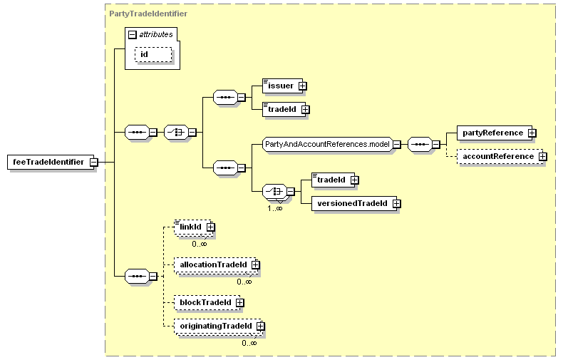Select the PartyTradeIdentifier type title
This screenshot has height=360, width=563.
[148, 14]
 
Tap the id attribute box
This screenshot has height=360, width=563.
[153, 55]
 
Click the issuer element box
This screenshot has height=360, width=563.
[283, 86]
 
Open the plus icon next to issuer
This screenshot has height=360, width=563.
[303, 86]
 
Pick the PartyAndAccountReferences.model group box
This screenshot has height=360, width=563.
[327, 145]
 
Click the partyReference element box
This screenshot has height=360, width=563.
[495, 133]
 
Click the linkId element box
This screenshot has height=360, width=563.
[193, 227]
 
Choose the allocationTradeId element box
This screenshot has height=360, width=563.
[215, 264]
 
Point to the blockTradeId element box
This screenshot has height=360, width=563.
[207, 302]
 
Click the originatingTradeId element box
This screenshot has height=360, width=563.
[217, 326]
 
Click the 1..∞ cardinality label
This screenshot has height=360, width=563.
[274, 208]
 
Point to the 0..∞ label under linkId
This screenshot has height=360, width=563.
[200, 244]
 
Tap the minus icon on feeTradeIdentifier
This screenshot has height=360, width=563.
[93, 163]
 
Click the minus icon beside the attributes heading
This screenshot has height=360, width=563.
[133, 35]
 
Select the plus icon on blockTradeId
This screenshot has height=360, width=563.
[240, 303]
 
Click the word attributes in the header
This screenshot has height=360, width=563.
[156, 34]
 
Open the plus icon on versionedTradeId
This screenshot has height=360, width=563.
[397, 204]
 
